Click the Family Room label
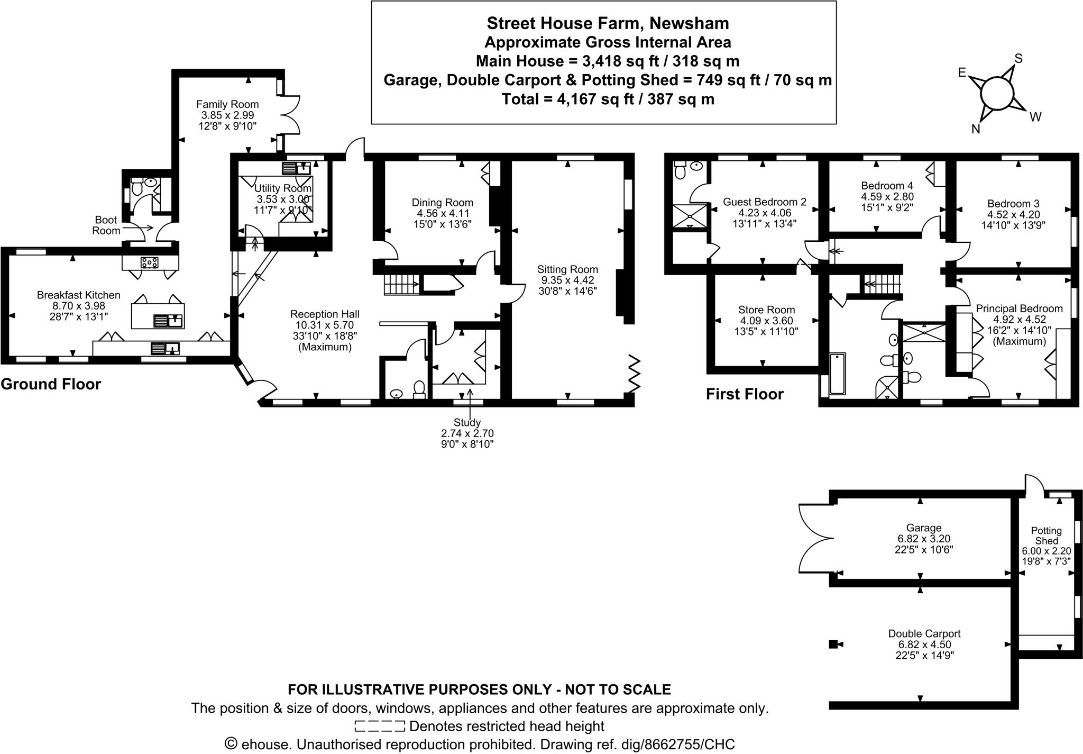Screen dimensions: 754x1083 click(x=227, y=104)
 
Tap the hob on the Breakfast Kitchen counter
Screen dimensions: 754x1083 click(x=150, y=262)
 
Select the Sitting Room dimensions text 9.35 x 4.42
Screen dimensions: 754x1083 click(x=567, y=280)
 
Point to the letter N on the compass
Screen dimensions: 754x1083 click(x=976, y=129)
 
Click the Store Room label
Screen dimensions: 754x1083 click(x=766, y=310)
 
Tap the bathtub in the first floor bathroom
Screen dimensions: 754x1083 click(x=838, y=374)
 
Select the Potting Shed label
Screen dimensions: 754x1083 click(x=1046, y=535)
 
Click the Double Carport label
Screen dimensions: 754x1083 click(x=924, y=633)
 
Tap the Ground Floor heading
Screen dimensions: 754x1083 click(x=51, y=384)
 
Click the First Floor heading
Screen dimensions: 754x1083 click(x=745, y=394)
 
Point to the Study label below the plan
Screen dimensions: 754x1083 click(x=467, y=422)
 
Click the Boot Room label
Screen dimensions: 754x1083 click(x=106, y=225)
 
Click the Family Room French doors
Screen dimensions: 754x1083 click(x=290, y=115)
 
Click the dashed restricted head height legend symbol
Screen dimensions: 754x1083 click(x=379, y=726)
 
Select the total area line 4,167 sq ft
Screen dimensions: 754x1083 click(x=608, y=99)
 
